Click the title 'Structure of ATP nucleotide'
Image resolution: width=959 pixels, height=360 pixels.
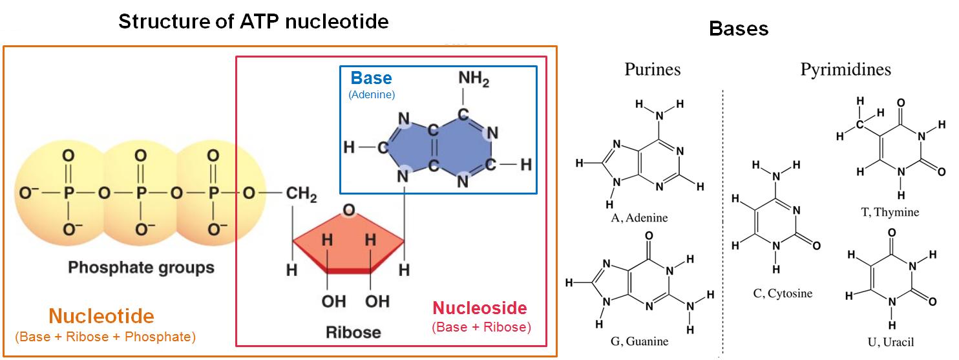tap(253, 22)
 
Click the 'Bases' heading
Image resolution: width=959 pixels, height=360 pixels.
tap(738, 29)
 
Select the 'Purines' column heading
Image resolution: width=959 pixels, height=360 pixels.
tap(652, 69)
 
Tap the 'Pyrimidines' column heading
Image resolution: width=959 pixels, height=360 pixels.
tap(845, 69)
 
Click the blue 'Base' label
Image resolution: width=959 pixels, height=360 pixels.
tap(371, 78)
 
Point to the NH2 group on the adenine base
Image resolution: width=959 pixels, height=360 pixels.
tap(474, 81)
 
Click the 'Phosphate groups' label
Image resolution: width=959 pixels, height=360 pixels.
tap(141, 267)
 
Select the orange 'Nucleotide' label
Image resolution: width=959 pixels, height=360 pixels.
tap(101, 316)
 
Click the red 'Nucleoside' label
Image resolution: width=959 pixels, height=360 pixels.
tap(479, 308)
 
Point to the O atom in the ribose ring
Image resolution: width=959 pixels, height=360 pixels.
tap(348, 211)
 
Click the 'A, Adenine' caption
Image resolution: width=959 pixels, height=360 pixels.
tap(639, 218)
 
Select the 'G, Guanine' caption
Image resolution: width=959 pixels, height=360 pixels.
tap(639, 341)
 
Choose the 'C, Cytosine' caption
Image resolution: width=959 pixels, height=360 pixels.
tap(783, 293)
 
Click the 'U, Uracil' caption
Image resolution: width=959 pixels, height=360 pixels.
tap(892, 342)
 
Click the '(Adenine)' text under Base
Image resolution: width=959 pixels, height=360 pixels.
tap(372, 94)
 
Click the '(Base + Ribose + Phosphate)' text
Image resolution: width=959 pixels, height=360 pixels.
tap(105, 337)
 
